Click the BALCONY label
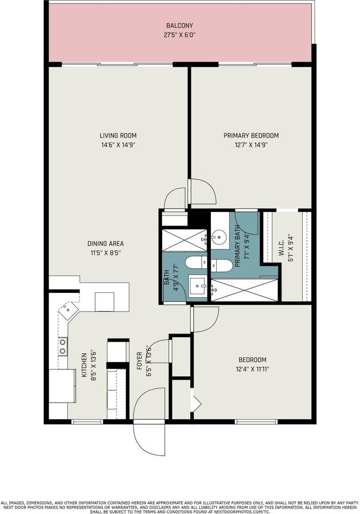179,26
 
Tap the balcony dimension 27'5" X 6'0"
179,35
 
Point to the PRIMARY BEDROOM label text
251,135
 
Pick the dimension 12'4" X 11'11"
252,369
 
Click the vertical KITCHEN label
84,366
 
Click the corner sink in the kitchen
68,309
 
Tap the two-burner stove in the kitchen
63,346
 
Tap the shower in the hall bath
185,239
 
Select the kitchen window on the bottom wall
87,422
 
